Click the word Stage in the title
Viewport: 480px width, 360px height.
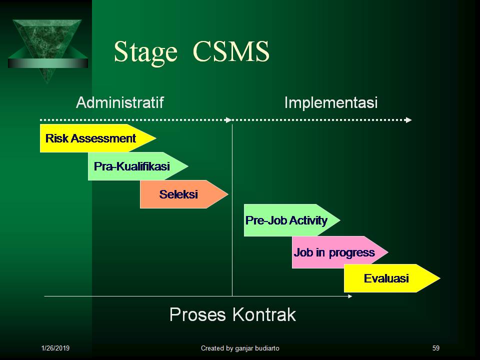[145, 52]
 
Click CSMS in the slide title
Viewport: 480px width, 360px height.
[230, 52]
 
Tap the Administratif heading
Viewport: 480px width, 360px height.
[119, 103]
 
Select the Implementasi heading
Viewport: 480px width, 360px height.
[330, 103]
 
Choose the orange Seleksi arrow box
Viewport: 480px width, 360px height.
[180, 194]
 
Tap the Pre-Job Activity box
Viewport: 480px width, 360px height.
[287, 220]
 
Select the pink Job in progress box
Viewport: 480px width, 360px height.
[335, 252]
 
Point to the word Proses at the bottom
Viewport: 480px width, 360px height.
[197, 315]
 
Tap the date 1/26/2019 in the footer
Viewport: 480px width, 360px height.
[55, 348]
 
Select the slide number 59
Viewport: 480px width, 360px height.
[435, 348]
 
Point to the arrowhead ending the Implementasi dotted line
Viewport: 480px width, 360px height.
[409, 120]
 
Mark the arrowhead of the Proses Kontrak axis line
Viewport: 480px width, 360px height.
[349, 296]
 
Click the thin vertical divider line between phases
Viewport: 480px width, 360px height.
[232, 250]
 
